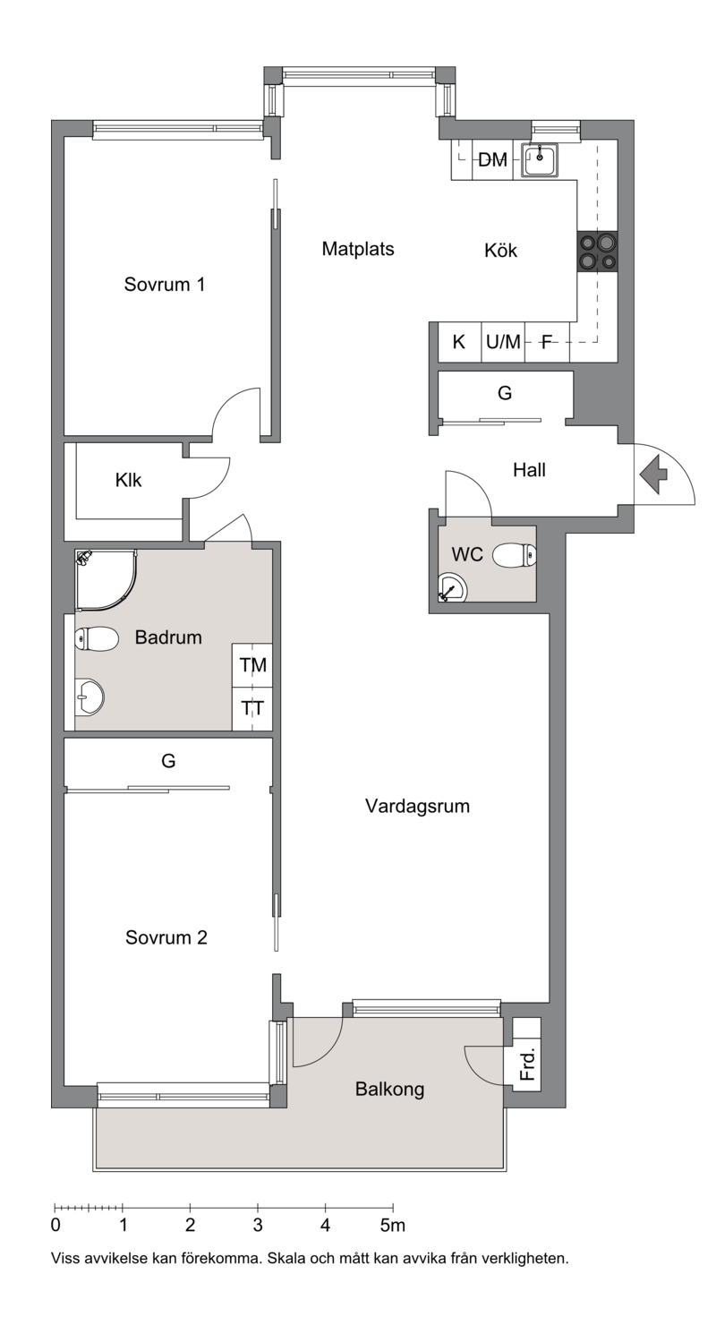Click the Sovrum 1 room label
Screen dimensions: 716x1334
click(x=165, y=285)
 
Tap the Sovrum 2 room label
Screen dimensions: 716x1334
click(x=166, y=937)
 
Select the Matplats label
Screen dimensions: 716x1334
click(x=358, y=249)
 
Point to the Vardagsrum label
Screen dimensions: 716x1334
click(x=417, y=807)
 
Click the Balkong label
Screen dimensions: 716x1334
click(x=389, y=1090)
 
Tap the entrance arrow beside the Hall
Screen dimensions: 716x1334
click(x=653, y=475)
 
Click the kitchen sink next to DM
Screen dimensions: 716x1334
click(x=540, y=160)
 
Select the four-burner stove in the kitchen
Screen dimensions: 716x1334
click(x=598, y=252)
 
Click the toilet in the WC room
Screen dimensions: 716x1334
click(x=515, y=556)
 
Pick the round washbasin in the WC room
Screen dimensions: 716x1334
click(x=452, y=587)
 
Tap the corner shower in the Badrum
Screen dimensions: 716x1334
click(x=106, y=580)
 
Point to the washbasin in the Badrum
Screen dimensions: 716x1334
click(x=89, y=696)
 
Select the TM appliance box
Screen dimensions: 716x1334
click(x=252, y=665)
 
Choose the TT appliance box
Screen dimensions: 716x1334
click(x=252, y=709)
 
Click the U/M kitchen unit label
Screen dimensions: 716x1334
click(x=503, y=342)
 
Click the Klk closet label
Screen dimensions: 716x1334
click(x=129, y=480)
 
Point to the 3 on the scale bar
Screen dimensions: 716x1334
click(x=258, y=1225)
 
